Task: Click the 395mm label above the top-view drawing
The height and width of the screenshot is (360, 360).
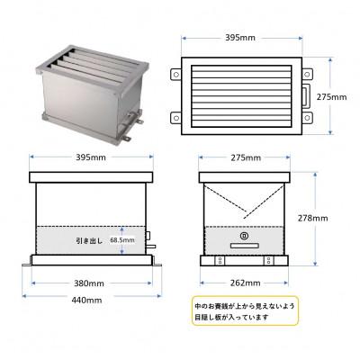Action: pos(241,39)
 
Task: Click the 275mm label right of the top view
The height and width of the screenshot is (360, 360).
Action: pos(337,94)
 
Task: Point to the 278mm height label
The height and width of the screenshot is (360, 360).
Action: pos(337,217)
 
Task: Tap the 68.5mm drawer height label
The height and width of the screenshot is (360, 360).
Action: pos(122,240)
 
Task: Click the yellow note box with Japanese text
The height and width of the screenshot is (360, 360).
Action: pos(243,311)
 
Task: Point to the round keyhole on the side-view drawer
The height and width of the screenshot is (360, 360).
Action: pos(244,238)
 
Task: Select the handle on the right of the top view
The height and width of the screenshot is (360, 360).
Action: pos(307,94)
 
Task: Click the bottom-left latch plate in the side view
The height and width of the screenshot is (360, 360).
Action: pos(220,258)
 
